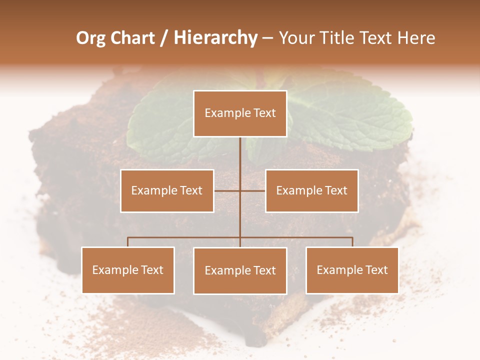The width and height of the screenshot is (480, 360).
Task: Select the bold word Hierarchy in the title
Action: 215,38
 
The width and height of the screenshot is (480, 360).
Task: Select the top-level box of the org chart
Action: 240,113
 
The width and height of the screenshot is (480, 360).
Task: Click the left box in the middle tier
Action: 167,190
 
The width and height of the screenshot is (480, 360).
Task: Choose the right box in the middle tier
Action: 312,190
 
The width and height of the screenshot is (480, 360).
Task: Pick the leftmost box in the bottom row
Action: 128,270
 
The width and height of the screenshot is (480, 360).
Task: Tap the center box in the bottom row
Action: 240,270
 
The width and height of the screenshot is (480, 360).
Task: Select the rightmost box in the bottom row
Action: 352,270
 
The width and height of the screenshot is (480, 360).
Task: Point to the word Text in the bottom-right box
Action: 376,270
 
